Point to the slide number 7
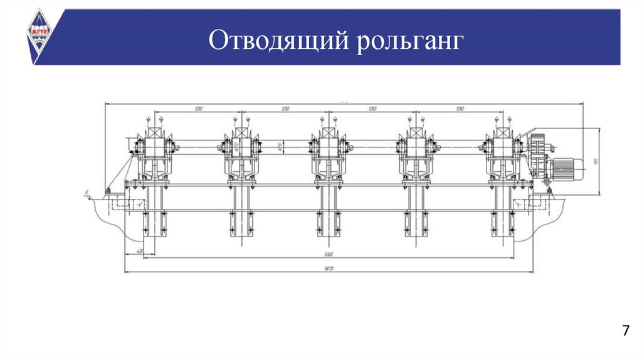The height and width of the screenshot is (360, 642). click(625, 331)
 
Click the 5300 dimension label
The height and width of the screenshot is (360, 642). click(329, 254)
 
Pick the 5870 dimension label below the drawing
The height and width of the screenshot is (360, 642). click(329, 268)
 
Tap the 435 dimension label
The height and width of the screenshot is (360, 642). click(132, 253)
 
